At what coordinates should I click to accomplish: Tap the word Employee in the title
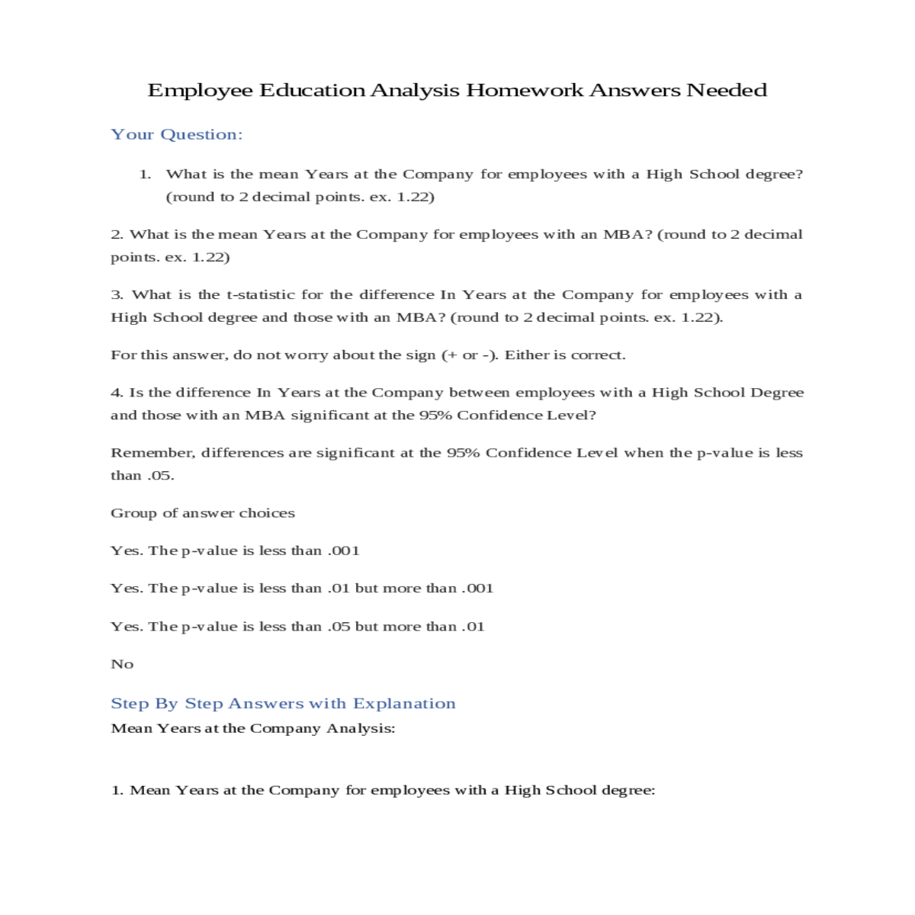(x=200, y=90)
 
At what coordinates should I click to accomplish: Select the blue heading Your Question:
(x=176, y=135)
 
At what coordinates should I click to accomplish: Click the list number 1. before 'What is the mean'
(x=145, y=175)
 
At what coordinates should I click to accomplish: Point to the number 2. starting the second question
(x=117, y=235)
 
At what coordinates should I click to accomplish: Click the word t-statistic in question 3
(x=260, y=295)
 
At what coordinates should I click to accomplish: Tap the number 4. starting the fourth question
(x=117, y=393)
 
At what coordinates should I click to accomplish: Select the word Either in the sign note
(x=524, y=355)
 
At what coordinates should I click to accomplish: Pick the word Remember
(x=152, y=453)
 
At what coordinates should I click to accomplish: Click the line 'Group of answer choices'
(x=202, y=513)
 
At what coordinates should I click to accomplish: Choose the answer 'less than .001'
(x=235, y=551)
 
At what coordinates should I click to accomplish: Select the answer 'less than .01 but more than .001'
(x=302, y=589)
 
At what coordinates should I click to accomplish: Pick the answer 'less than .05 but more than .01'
(x=297, y=627)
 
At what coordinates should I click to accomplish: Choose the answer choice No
(x=122, y=664)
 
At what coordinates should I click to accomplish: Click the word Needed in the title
(x=726, y=90)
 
